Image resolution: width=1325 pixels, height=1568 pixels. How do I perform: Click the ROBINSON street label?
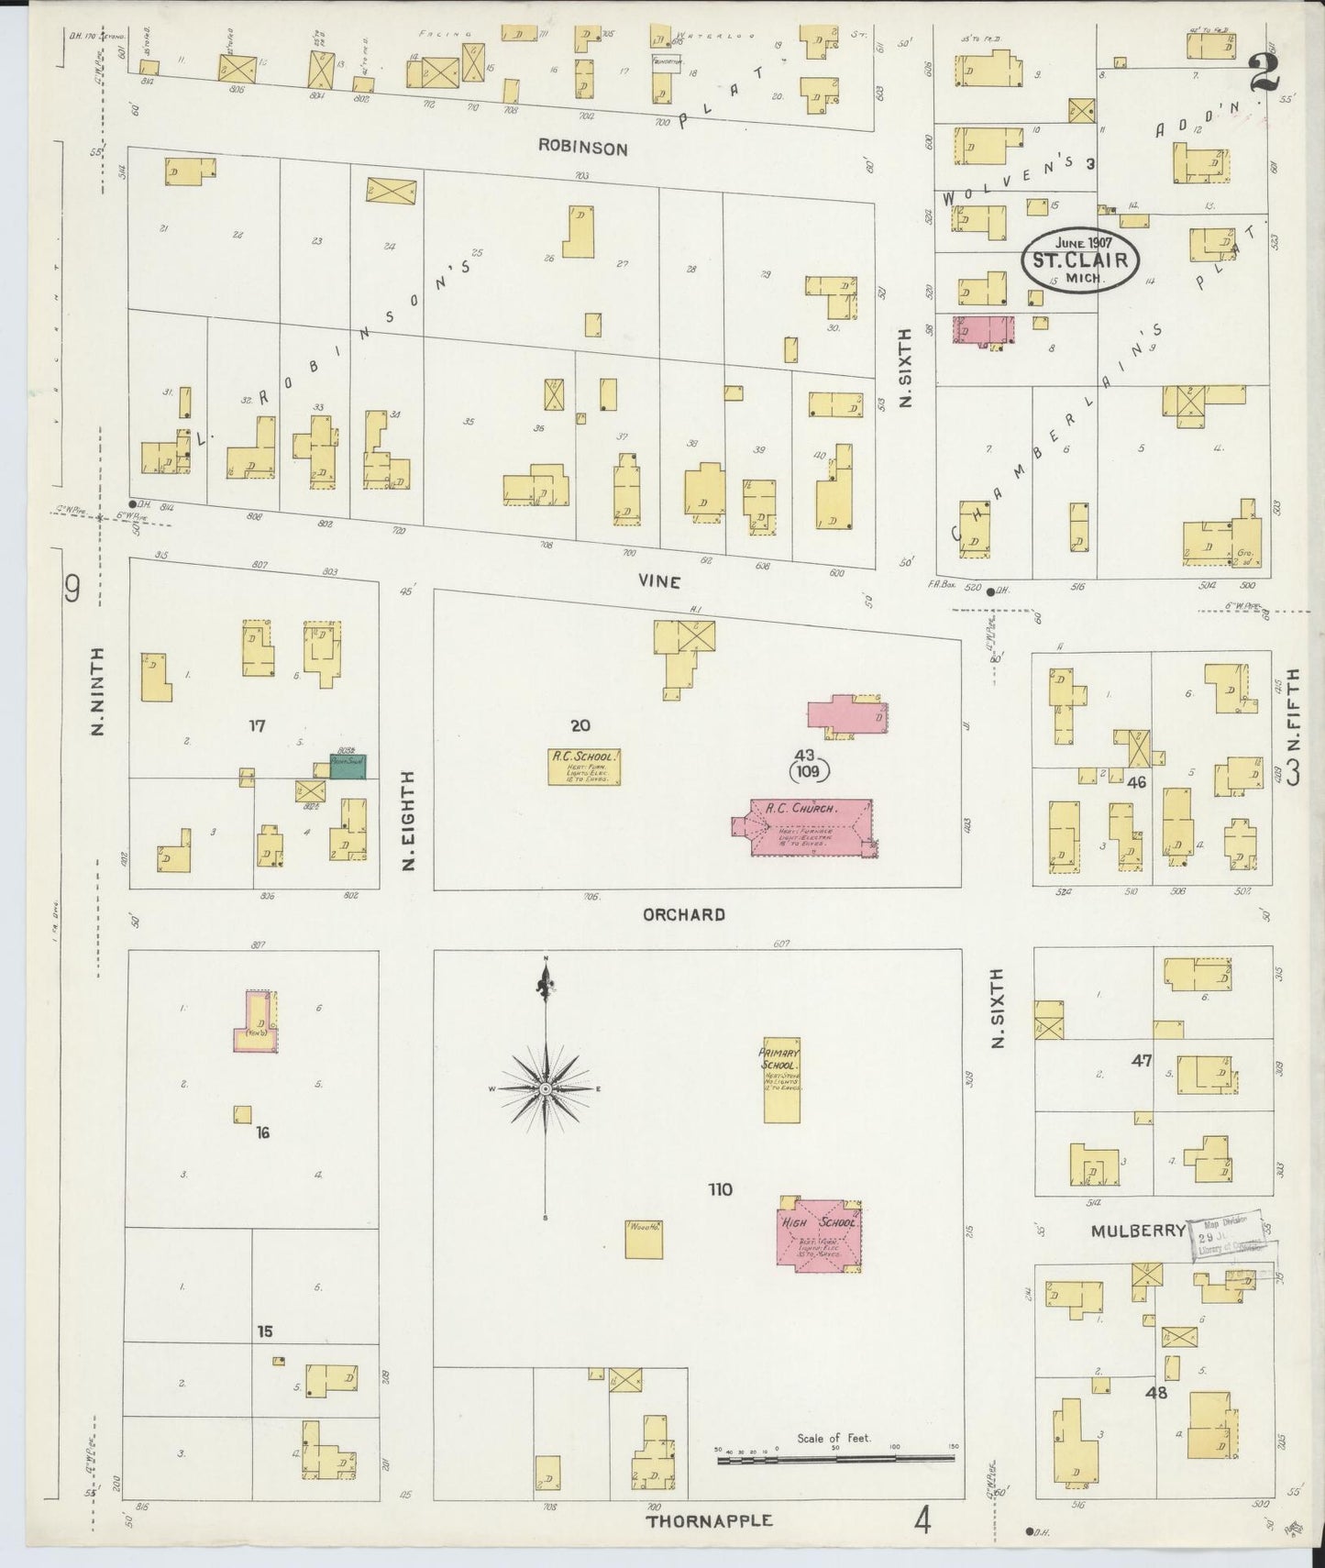582,148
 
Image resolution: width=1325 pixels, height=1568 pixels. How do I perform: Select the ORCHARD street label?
683,914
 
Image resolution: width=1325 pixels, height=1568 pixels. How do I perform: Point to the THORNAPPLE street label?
709,1520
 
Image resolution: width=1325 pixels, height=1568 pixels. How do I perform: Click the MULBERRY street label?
1137,1231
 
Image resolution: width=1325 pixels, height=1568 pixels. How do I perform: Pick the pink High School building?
819,1234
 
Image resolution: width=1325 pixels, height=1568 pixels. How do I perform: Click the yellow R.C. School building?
585,767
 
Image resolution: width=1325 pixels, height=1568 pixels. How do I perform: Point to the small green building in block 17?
348,767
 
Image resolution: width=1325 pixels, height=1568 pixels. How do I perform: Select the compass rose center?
546,1088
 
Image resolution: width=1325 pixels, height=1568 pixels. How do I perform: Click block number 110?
720,1189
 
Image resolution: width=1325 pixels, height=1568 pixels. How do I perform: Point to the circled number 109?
808,771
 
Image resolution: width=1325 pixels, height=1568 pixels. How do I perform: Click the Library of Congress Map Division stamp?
1230,1238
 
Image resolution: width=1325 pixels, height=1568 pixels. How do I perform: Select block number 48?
1155,1392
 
